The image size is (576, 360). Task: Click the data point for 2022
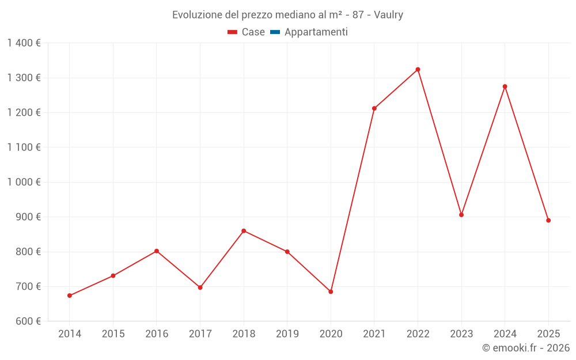pyautogui.click(x=418, y=70)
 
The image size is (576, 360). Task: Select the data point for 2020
pyautogui.click(x=331, y=291)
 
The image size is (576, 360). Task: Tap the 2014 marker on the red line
pyautogui.click(x=70, y=295)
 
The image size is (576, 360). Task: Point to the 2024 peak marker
pyautogui.click(x=505, y=86)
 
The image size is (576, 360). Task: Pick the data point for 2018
pyautogui.click(x=244, y=231)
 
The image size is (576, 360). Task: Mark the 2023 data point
pyautogui.click(x=461, y=215)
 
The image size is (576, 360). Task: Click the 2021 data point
pyautogui.click(x=374, y=108)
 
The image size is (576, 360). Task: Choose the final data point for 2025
pyautogui.click(x=548, y=220)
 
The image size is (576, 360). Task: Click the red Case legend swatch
pyautogui.click(x=233, y=32)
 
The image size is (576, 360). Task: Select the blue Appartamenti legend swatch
pyautogui.click(x=275, y=32)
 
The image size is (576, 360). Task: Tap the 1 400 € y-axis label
pyautogui.click(x=24, y=43)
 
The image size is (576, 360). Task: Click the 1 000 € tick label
pyautogui.click(x=24, y=182)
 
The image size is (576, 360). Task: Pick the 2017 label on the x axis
pyautogui.click(x=200, y=334)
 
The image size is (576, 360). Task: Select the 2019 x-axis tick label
pyautogui.click(x=287, y=334)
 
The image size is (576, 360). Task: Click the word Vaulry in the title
pyautogui.click(x=388, y=15)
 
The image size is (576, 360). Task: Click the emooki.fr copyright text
pyautogui.click(x=525, y=348)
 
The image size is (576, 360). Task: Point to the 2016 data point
pyautogui.click(x=157, y=251)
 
